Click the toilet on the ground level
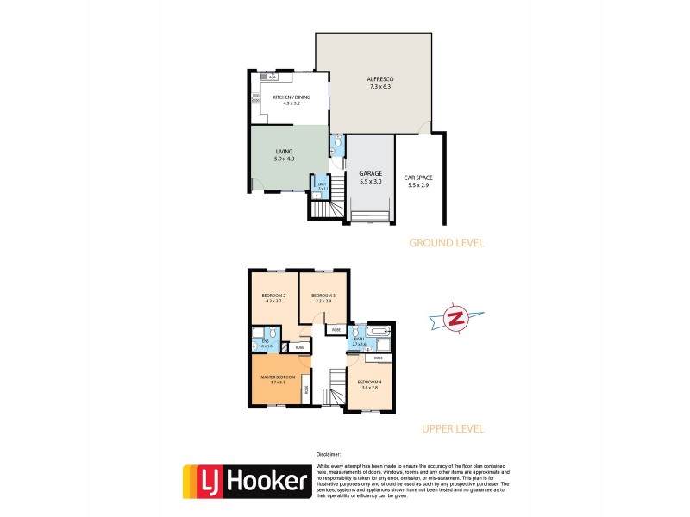coord(337,142)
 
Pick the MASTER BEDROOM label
coord(279,377)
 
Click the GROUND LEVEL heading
coord(448,243)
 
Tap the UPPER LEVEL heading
coord(452,427)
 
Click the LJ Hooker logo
coord(246,482)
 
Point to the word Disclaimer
coord(329,454)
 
